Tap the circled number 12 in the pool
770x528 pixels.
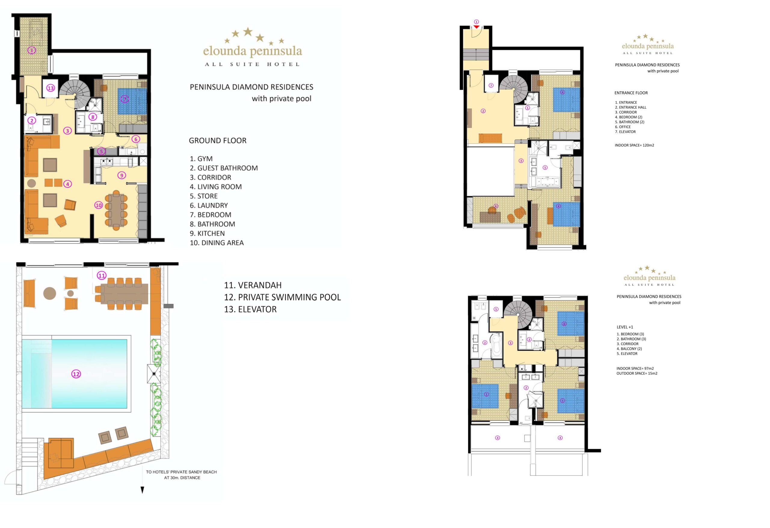click(76, 374)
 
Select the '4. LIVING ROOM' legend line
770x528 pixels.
click(216, 187)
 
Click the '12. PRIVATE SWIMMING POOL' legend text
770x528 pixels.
click(282, 297)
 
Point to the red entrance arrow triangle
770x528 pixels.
click(476, 27)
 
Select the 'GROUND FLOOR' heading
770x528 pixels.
click(218, 140)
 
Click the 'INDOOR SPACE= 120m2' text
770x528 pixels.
click(634, 145)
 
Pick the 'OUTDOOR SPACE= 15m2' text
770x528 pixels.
click(637, 373)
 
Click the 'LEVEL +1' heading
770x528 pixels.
click(625, 327)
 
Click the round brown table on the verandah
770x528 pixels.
click(49, 293)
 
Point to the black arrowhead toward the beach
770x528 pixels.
click(143, 490)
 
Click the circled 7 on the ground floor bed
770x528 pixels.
click(125, 99)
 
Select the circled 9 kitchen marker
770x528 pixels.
click(122, 175)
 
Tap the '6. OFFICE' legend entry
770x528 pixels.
click(623, 127)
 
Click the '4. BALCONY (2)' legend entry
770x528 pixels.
click(630, 349)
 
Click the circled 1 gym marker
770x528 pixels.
click(32, 50)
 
